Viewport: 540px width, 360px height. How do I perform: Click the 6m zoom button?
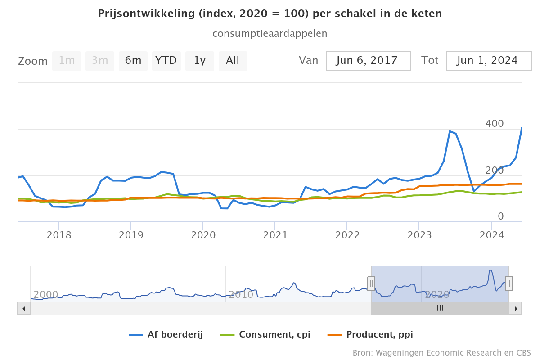coord(133,61)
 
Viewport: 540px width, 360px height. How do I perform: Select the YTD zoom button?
coord(166,61)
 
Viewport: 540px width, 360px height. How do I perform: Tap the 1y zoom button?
coord(200,61)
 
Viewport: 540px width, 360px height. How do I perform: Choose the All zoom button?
coord(233,61)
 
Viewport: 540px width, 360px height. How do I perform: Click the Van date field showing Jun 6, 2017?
coord(368,61)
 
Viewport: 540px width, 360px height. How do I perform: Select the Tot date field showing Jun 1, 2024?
coord(489,61)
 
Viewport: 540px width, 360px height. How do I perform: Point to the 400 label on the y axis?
coord(495,123)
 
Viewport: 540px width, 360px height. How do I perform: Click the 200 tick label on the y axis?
coord(495,170)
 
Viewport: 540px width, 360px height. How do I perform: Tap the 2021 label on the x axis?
coord(275,235)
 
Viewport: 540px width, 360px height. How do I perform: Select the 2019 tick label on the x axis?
coord(131,235)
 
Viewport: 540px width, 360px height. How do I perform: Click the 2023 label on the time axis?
coord(419,235)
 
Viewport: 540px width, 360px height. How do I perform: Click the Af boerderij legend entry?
coord(166,334)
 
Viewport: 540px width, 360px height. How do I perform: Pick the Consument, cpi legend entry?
coord(265,334)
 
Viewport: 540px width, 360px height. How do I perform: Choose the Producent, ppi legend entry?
coord(370,334)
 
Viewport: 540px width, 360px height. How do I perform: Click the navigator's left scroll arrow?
coord(24,308)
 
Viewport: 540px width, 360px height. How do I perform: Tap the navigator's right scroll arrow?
coord(516,308)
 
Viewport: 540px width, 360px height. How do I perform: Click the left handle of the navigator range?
coord(371,283)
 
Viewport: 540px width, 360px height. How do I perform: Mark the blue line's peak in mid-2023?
coord(450,131)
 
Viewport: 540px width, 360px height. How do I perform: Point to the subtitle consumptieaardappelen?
coord(270,34)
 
